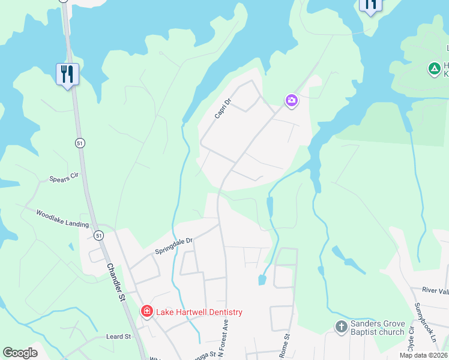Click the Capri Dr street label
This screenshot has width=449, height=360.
pyautogui.click(x=223, y=108)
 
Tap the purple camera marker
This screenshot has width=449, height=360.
pyautogui.click(x=292, y=100)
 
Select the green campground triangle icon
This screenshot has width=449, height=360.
pyautogui.click(x=433, y=69)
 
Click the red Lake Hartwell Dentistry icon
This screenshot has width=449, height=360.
pyautogui.click(x=146, y=311)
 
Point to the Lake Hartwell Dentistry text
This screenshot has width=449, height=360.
pyautogui.click(x=199, y=312)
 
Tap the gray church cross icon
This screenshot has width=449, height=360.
pyautogui.click(x=341, y=327)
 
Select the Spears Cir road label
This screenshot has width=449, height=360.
pyautogui.click(x=65, y=178)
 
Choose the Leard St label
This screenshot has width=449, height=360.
pyautogui.click(x=118, y=337)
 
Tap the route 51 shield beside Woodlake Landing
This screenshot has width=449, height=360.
pyautogui.click(x=98, y=235)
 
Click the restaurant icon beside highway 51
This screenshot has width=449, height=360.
pyautogui.click(x=67, y=74)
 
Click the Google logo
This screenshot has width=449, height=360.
pyautogui.click(x=20, y=353)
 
